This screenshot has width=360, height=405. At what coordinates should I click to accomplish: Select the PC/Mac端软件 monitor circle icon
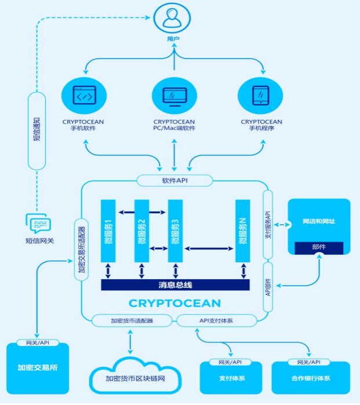[x=174, y=94]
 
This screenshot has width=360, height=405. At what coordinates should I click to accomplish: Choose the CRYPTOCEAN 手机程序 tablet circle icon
[x=261, y=94]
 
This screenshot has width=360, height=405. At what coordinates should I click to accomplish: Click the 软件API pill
[x=174, y=180]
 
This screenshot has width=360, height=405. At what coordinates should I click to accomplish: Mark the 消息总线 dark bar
[x=174, y=284]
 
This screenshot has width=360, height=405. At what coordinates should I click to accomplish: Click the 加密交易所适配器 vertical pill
[x=81, y=246]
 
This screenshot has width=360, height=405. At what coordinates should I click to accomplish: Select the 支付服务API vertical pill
[x=268, y=224]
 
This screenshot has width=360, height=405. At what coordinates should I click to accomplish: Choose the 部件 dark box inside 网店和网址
[x=319, y=248]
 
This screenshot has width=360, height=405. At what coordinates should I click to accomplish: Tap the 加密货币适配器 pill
[x=132, y=320]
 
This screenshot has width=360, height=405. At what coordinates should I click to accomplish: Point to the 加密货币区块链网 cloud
[x=134, y=378]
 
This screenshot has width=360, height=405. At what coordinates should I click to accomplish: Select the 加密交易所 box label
[x=37, y=367]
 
